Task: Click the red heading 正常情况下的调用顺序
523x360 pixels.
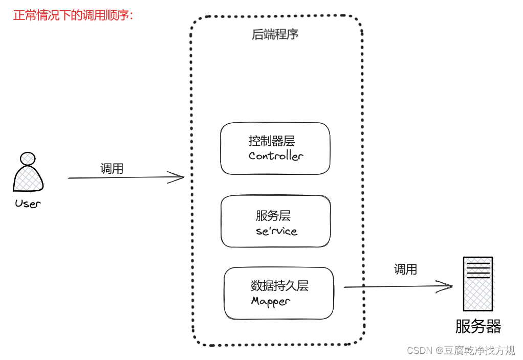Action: pyautogui.click(x=73, y=15)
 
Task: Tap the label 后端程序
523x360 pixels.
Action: pyautogui.click(x=275, y=35)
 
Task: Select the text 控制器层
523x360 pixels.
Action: pyautogui.click(x=272, y=141)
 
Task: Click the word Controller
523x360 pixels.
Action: pyautogui.click(x=276, y=156)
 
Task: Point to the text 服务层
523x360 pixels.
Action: pyautogui.click(x=273, y=216)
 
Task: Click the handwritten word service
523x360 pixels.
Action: pyautogui.click(x=276, y=231)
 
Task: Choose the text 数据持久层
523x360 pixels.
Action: pyautogui.click(x=279, y=286)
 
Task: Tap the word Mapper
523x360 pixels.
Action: pyautogui.click(x=271, y=301)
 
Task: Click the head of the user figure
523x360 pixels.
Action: pyautogui.click(x=28, y=159)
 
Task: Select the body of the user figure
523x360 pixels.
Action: pyautogui.click(x=28, y=179)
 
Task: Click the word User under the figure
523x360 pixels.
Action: pyautogui.click(x=28, y=204)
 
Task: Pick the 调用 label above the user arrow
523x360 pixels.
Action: pyautogui.click(x=112, y=169)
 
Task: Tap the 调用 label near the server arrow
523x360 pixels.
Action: pyautogui.click(x=405, y=269)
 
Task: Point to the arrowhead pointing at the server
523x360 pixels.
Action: pyautogui.click(x=447, y=286)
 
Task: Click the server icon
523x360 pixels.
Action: pyautogui.click(x=477, y=284)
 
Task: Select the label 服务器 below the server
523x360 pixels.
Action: pyautogui.click(x=478, y=326)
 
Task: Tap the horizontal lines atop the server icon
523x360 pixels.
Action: pyautogui.click(x=477, y=268)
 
